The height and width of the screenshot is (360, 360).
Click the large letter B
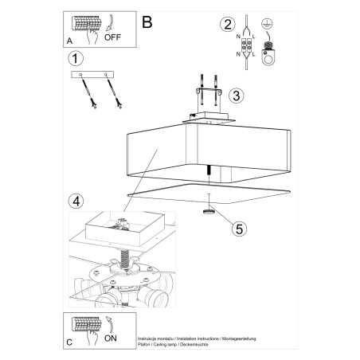click(147, 22)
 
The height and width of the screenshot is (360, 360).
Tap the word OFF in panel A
click(114, 37)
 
